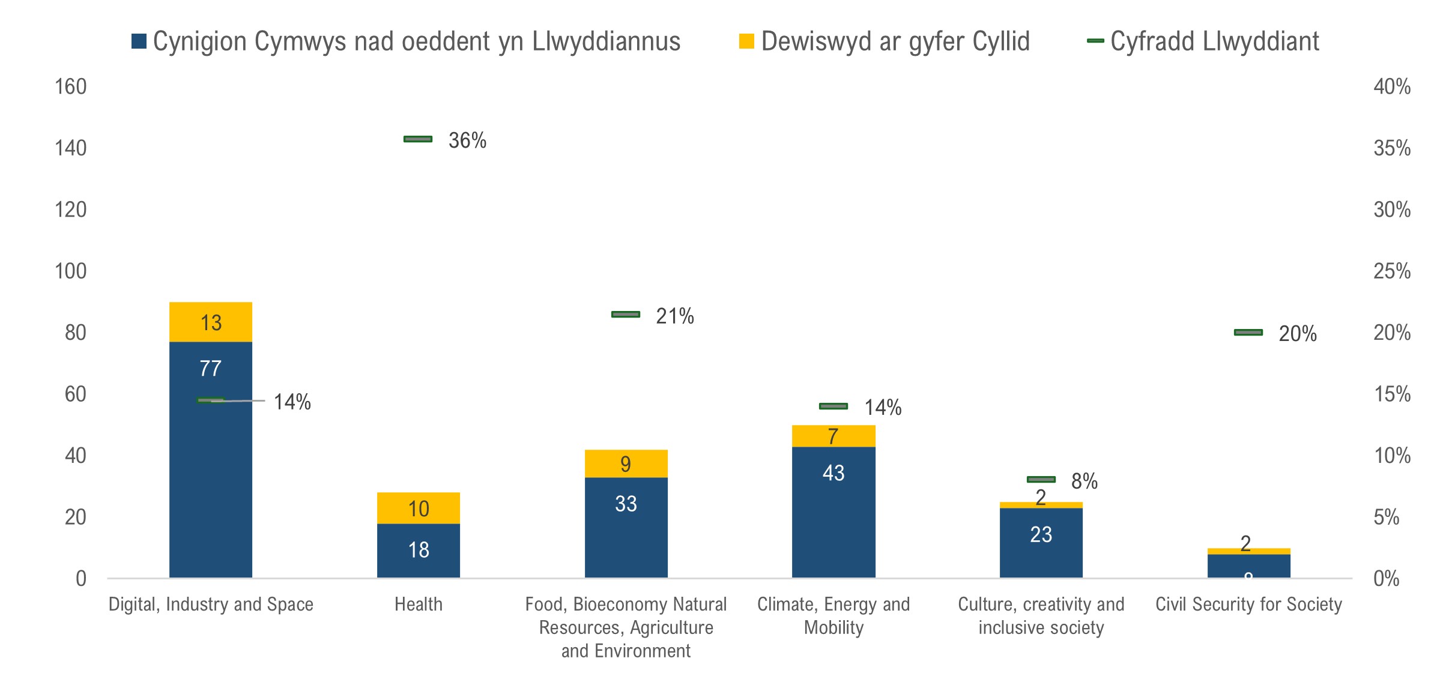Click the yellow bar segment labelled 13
click(211, 322)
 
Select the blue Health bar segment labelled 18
click(419, 550)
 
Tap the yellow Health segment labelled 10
click(419, 509)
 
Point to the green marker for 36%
click(418, 139)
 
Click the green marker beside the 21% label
click(626, 315)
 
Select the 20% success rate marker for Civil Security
click(1248, 333)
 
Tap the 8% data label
click(1085, 481)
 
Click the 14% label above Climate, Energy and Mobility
click(883, 408)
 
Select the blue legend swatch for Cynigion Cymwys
click(139, 41)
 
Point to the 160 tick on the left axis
click(71, 87)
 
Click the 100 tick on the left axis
click(71, 271)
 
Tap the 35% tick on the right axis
click(1392, 148)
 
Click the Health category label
click(419, 604)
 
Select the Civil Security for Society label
click(1248, 604)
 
